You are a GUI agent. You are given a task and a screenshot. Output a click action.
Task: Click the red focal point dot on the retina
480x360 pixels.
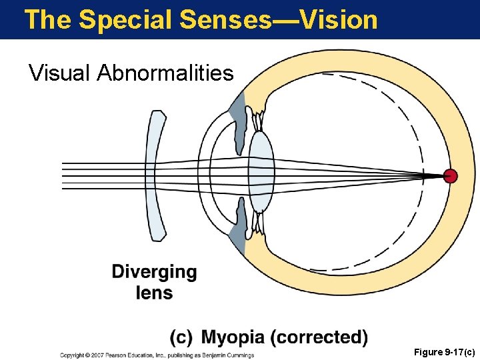tap(451, 177)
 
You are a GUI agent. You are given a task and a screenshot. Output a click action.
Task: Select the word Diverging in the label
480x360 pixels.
tap(154, 273)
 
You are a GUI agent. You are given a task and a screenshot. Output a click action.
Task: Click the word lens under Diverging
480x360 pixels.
tap(154, 293)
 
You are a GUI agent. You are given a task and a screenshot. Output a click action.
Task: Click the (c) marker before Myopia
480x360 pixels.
tap(181, 337)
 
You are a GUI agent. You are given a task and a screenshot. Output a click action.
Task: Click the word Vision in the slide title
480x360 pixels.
tap(339, 19)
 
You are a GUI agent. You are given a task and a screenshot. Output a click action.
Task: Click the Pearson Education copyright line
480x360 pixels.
tap(157, 355)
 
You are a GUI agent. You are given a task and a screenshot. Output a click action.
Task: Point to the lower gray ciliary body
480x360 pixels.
tap(238, 230)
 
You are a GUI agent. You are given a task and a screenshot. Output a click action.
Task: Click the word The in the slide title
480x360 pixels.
tap(47, 19)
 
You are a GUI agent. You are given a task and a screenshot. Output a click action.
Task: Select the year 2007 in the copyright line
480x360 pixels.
tap(97, 355)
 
